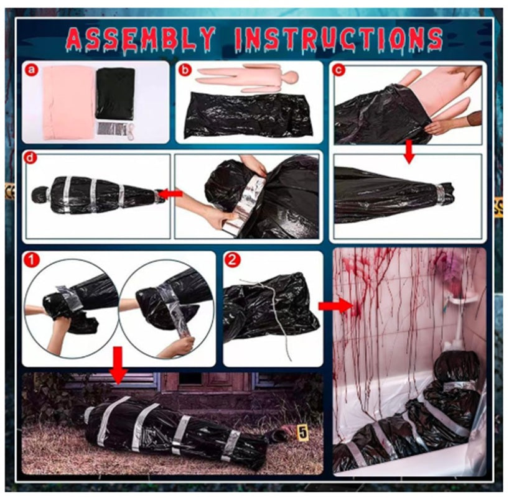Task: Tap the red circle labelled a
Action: (x=33, y=70)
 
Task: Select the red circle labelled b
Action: (x=185, y=70)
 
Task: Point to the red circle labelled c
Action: (x=339, y=70)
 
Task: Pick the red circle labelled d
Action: (x=32, y=158)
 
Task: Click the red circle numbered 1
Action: (x=32, y=261)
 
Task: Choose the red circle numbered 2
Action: (x=232, y=261)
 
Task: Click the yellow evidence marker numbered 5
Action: (x=302, y=431)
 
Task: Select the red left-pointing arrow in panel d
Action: (x=171, y=194)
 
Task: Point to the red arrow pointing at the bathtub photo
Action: (x=335, y=306)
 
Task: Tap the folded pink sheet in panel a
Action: (x=69, y=103)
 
